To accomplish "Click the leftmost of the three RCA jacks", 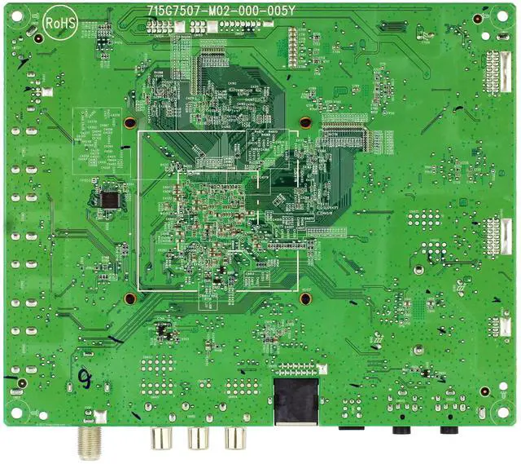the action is (x=160, y=440).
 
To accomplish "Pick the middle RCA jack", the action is (x=199, y=440).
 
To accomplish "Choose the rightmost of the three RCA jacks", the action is (x=236, y=440).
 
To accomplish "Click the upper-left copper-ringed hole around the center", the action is (x=129, y=124).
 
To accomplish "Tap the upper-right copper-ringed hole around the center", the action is (x=305, y=123).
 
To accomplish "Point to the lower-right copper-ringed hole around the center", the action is (x=305, y=298).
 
